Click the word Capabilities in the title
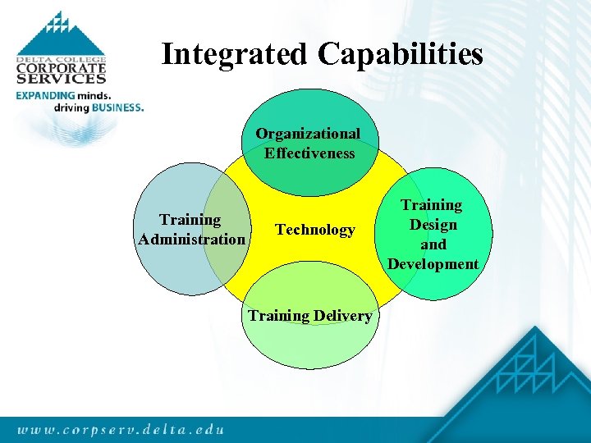click(x=400, y=55)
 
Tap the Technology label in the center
click(x=315, y=230)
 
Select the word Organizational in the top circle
click(x=308, y=133)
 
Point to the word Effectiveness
click(x=309, y=153)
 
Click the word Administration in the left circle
click(x=192, y=240)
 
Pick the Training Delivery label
click(x=309, y=316)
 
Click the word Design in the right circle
click(x=433, y=225)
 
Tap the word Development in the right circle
click(x=433, y=264)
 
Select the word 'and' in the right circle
click(x=433, y=244)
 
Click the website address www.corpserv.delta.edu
click(x=120, y=429)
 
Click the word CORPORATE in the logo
click(x=61, y=70)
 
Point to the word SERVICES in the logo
click(x=61, y=80)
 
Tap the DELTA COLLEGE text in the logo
click(x=61, y=60)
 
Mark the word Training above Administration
click(x=190, y=220)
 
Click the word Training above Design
click(x=432, y=205)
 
